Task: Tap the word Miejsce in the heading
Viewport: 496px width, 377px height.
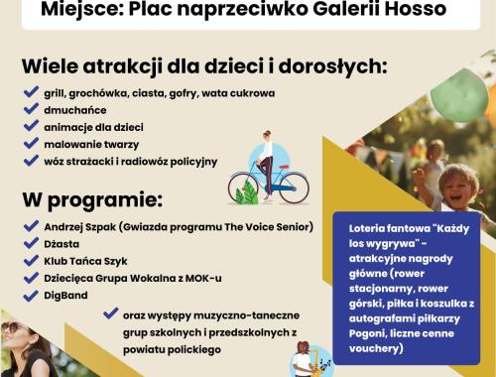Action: pyautogui.click(x=107, y=11)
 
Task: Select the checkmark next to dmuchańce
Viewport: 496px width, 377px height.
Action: pyautogui.click(x=32, y=110)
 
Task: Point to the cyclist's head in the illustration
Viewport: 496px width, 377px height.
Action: pyautogui.click(x=267, y=137)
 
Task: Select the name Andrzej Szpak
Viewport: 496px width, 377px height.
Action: pyautogui.click(x=83, y=225)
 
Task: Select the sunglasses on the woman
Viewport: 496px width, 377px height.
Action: pyautogui.click(x=15, y=329)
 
